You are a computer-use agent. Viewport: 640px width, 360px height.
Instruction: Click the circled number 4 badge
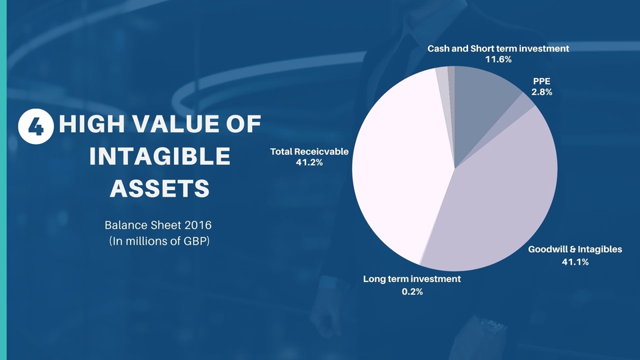tap(36, 126)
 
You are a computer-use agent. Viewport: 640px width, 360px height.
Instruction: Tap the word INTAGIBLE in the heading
tap(159, 156)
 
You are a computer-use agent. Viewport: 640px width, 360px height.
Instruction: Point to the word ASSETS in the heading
tap(159, 189)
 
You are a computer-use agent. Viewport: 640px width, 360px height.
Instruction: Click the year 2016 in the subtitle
tap(198, 225)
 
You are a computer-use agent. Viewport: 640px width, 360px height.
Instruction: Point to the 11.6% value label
tap(498, 59)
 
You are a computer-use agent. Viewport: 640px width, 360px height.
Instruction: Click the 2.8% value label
tap(541, 92)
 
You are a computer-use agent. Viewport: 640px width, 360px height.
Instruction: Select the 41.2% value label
tap(309, 163)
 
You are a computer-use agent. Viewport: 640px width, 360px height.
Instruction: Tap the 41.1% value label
tap(575, 262)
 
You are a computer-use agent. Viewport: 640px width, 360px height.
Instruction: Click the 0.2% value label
tap(412, 291)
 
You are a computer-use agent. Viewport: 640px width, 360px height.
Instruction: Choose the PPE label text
tap(541, 81)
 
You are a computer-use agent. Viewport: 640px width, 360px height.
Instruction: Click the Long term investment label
tap(412, 279)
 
